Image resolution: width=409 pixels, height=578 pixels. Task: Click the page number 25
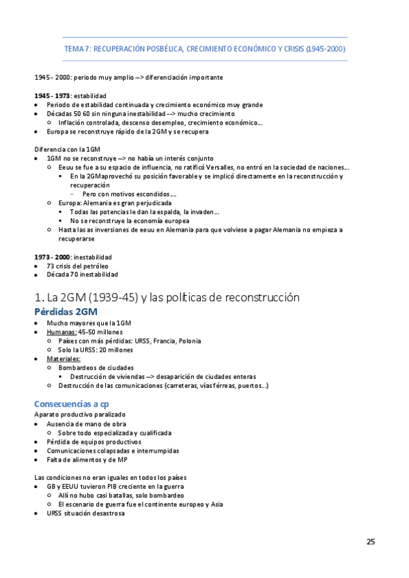coord(370,542)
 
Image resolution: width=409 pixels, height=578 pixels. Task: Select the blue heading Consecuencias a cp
coord(71,404)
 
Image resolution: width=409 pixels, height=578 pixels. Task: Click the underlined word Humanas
coord(61,332)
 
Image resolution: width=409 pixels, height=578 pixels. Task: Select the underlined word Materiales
coord(64,359)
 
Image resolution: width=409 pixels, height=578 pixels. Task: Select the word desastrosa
coord(105,513)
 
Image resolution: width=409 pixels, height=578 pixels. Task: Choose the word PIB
coord(113,487)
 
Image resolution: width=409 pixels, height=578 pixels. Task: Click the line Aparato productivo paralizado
coord(80,415)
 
